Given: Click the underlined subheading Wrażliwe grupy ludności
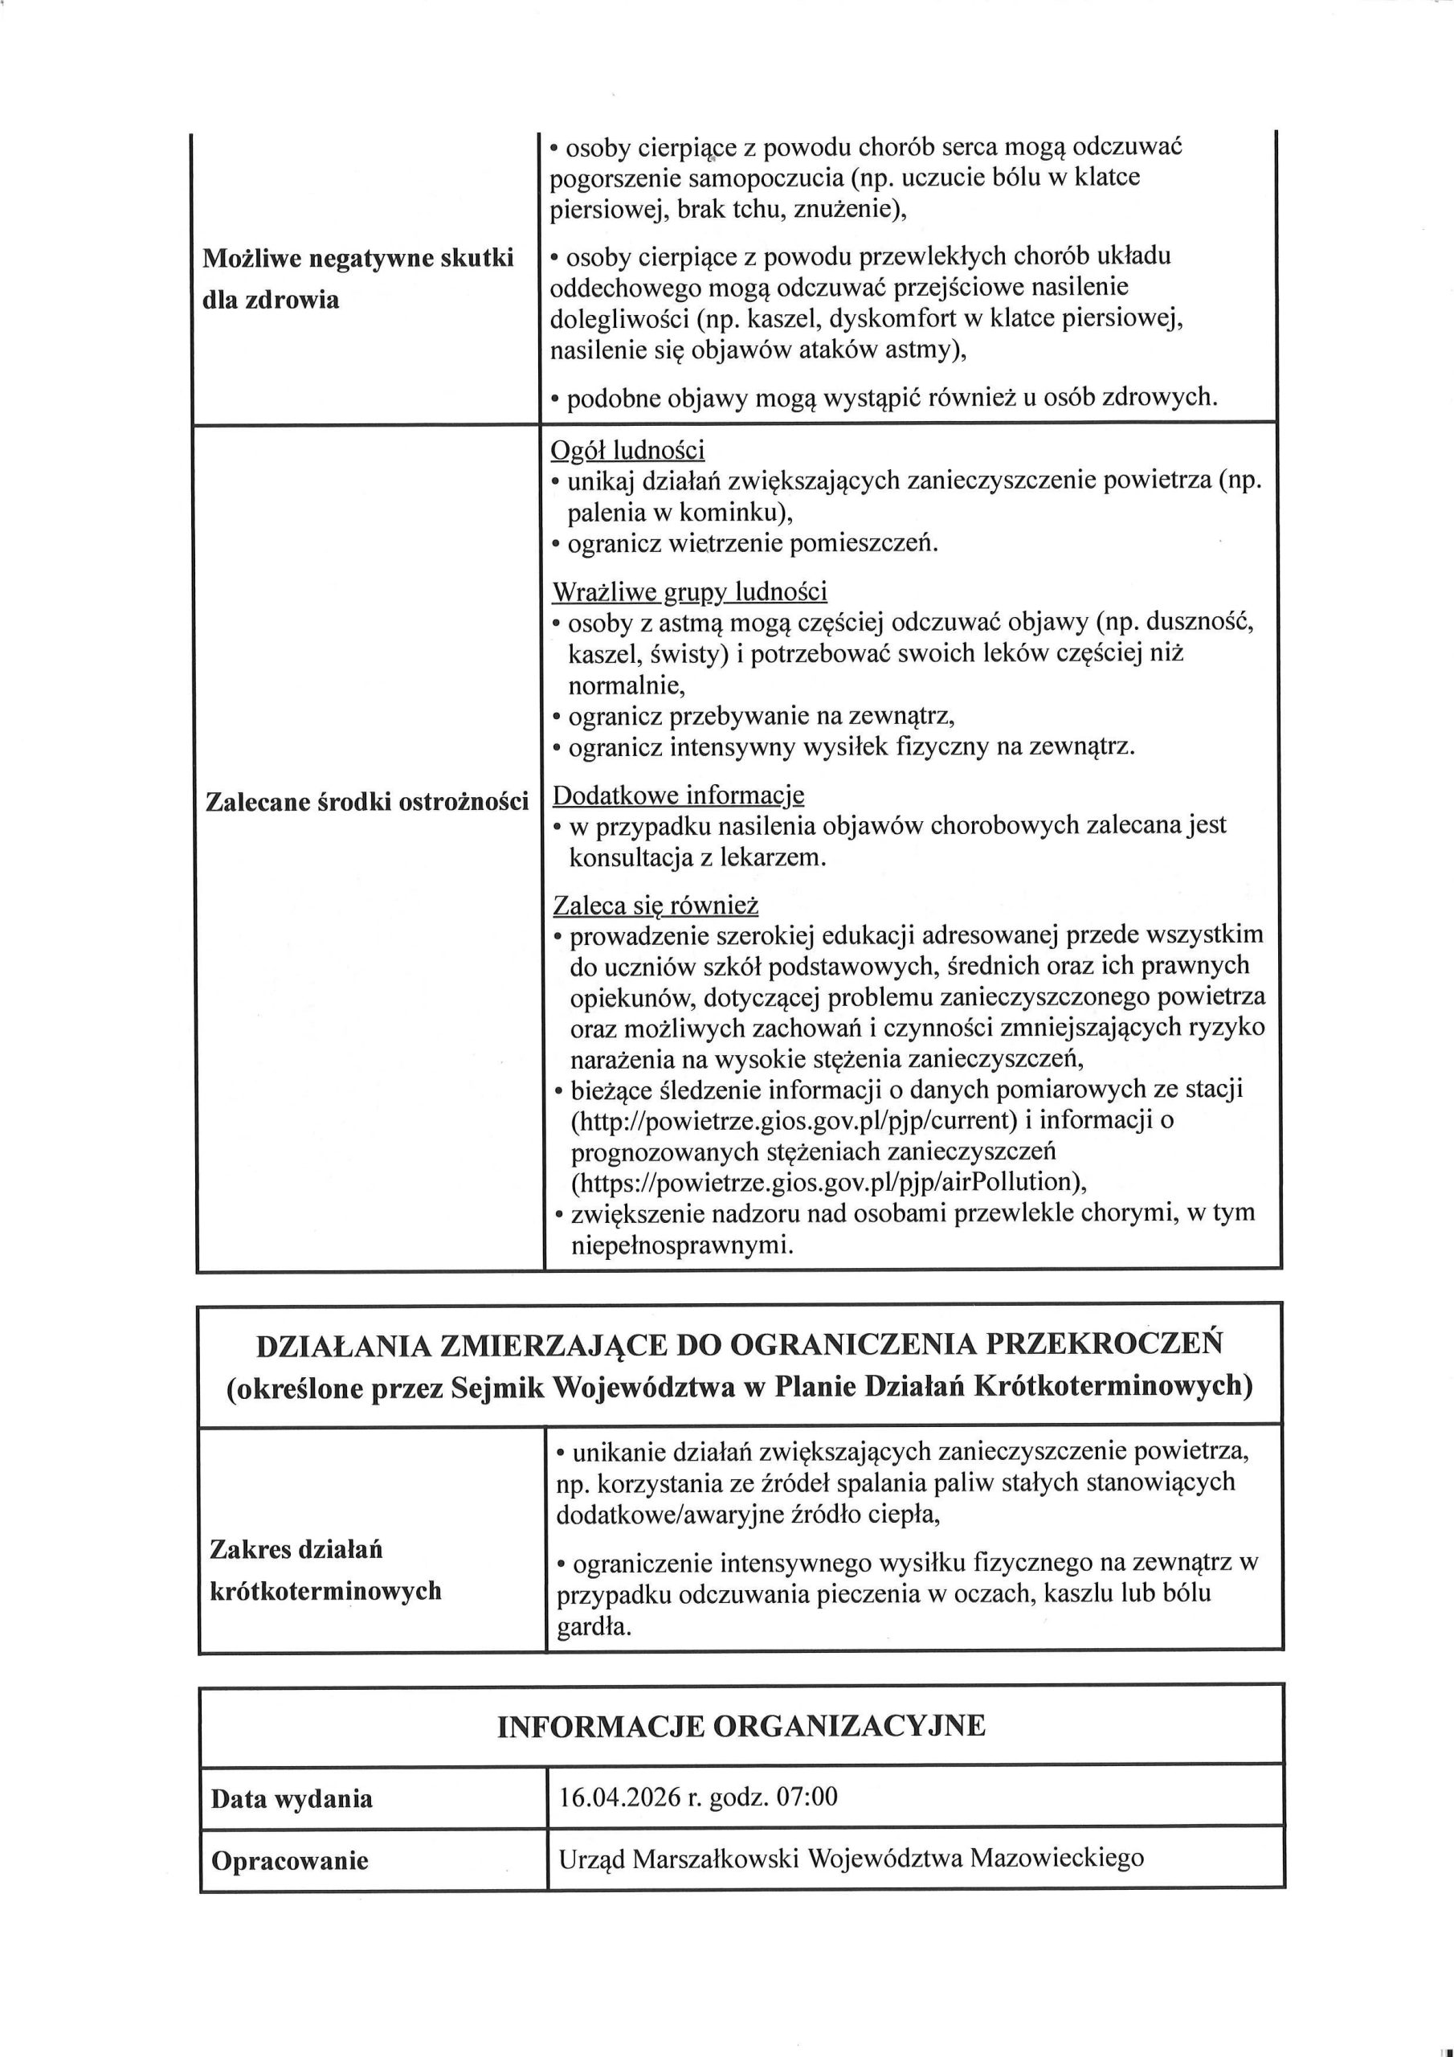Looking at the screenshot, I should click(689, 592).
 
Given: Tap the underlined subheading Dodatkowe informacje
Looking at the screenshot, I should click(678, 795).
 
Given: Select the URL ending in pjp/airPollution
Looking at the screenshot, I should click(829, 1182).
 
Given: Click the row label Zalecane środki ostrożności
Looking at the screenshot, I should click(367, 802).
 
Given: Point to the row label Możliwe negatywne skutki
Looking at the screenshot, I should click(358, 259).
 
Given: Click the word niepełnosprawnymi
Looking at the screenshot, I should click(681, 1245).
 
